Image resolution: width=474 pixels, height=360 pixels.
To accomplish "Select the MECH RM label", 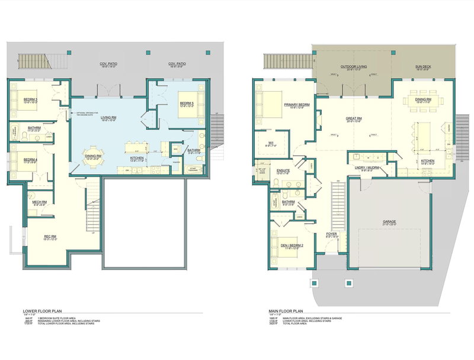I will tap(40, 202).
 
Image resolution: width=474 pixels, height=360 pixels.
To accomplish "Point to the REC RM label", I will tap(50, 237).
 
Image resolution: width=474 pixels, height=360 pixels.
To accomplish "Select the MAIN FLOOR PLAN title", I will tap(284, 310).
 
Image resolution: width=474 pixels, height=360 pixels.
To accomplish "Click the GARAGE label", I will tap(389, 221).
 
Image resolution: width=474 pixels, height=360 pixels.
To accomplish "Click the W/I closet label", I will tap(270, 143).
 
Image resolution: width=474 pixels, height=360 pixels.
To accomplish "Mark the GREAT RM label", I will tap(354, 118).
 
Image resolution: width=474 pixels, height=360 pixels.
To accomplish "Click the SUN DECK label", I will tap(423, 67).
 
